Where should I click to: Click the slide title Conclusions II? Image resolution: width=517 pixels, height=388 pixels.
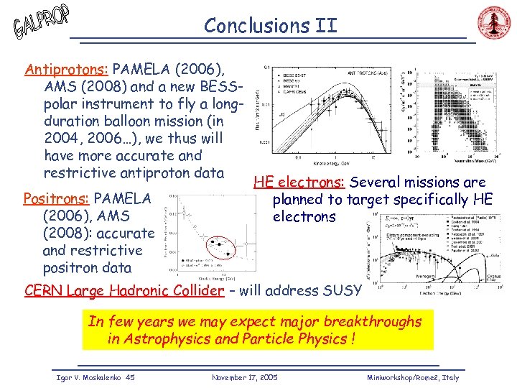tap(270, 26)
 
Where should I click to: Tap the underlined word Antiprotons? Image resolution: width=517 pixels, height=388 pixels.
tap(66, 70)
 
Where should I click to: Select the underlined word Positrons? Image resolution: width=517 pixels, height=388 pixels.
tap(57, 198)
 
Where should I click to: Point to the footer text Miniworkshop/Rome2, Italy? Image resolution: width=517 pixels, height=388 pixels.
tap(412, 377)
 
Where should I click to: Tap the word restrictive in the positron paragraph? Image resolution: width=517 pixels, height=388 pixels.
tap(93, 251)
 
